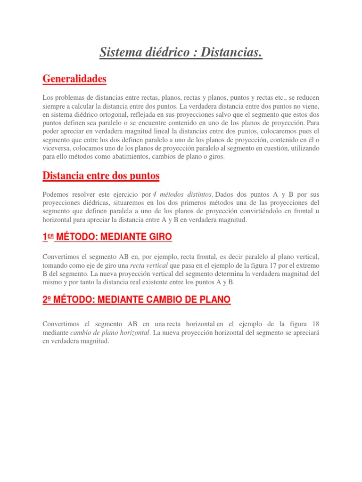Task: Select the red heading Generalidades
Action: click(74, 79)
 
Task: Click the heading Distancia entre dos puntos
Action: click(101, 176)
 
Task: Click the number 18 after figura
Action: click(315, 325)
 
